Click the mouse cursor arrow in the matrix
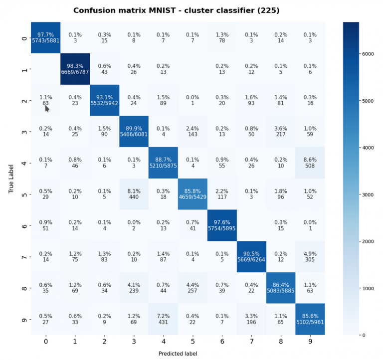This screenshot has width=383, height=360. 47,108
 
